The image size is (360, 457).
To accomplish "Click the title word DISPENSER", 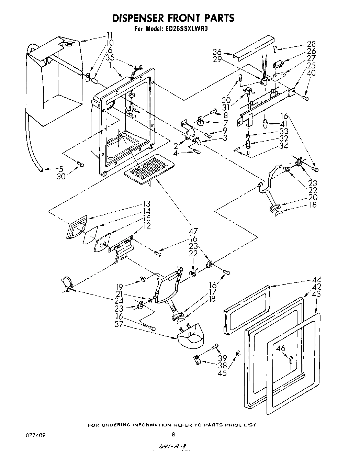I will [x=139, y=18].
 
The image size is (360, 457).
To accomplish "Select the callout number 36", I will [x=217, y=53].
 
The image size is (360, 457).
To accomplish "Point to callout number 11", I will [x=109, y=35].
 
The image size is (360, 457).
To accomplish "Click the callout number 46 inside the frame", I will [x=281, y=348].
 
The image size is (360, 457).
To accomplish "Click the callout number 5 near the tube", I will [x=61, y=169].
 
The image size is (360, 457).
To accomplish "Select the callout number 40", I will [x=311, y=73].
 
